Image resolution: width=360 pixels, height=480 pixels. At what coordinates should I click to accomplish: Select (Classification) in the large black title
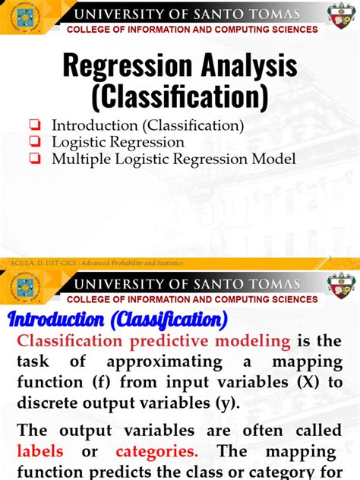point(179,96)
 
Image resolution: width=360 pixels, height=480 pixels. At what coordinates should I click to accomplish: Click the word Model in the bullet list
point(275,159)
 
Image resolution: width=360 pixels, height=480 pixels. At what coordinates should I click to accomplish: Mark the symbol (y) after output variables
point(228,403)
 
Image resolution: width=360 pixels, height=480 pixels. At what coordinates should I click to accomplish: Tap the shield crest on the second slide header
point(339,285)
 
